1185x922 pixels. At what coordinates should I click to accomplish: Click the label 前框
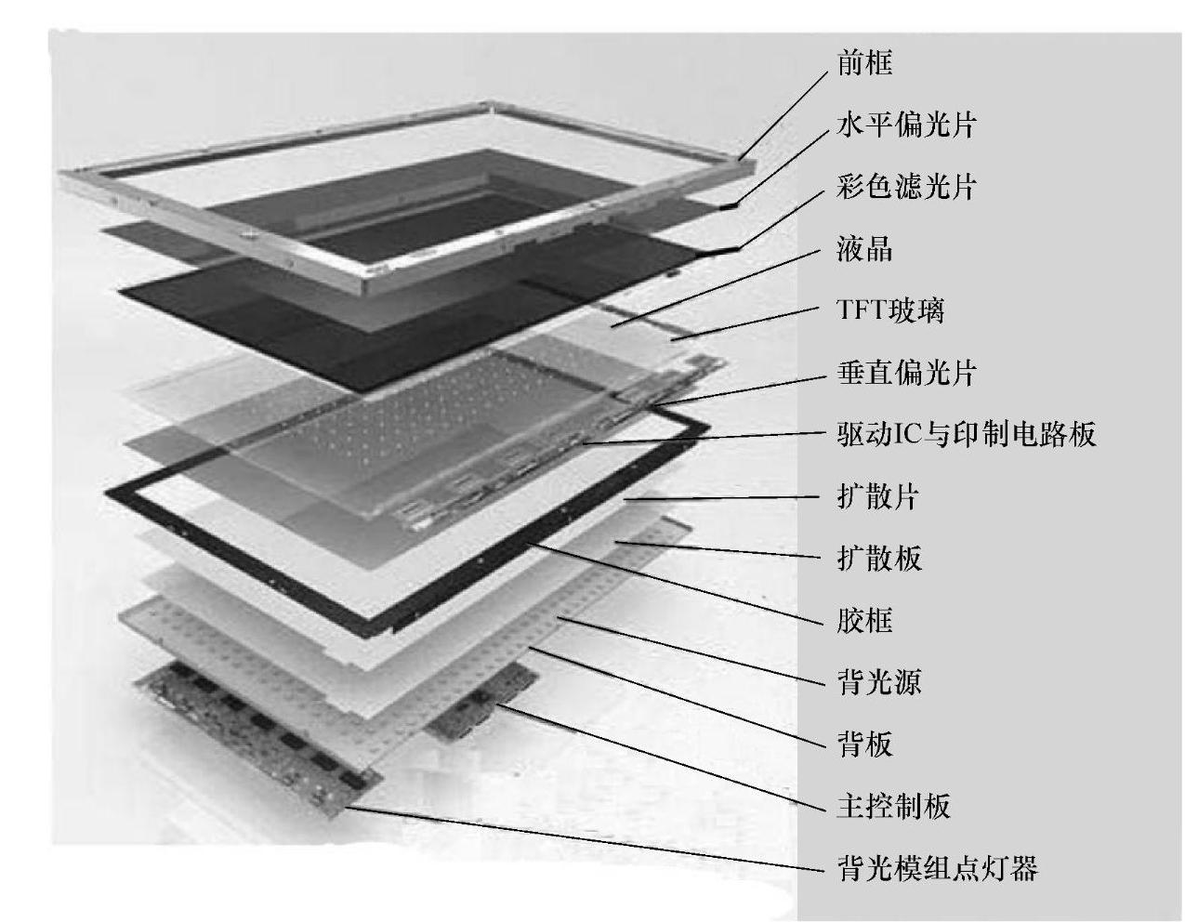(x=864, y=63)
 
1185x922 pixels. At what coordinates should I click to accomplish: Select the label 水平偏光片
(x=906, y=125)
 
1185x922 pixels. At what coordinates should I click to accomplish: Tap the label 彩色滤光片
(x=906, y=187)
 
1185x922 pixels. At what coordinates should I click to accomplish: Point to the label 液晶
(x=864, y=249)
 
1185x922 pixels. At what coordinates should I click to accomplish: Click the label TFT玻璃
(x=890, y=310)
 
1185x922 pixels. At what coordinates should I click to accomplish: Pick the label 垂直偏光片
(x=906, y=373)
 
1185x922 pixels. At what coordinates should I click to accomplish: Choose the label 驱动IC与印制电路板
(x=967, y=434)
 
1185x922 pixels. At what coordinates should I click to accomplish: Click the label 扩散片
(x=877, y=496)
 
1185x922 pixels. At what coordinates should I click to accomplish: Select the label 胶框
(x=864, y=620)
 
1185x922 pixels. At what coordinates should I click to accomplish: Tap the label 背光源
(x=879, y=682)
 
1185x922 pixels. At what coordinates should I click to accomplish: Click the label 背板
(x=864, y=744)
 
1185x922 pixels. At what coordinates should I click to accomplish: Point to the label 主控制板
(x=893, y=806)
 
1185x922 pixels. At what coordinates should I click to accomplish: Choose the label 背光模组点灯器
(x=937, y=868)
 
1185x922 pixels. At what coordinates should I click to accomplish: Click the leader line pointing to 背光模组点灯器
(x=586, y=839)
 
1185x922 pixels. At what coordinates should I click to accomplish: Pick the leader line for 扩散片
(x=725, y=498)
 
